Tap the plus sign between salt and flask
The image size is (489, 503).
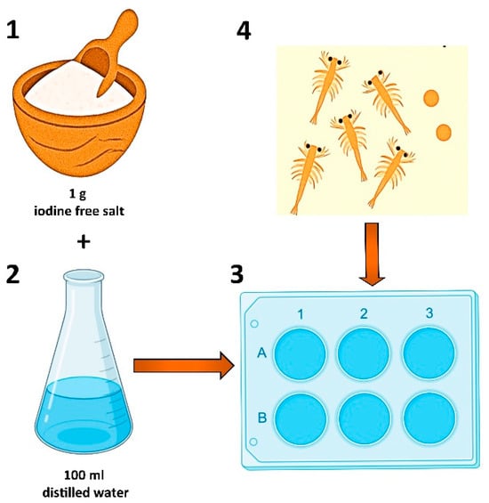pos(84,241)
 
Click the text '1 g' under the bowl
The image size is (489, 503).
pos(78,194)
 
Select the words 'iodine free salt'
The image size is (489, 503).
pos(79,211)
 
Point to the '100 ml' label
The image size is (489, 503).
pos(84,475)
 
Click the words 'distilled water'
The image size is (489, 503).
pos(85,492)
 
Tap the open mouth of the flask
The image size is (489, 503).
pos(84,276)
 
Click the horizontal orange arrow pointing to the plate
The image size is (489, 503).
pos(184,365)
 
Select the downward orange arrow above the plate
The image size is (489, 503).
pos(372,254)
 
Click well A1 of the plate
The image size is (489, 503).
pos(301,353)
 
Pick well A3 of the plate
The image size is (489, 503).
pos(429,353)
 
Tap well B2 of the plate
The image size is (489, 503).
pos(365,419)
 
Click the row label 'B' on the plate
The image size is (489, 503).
pos(262,418)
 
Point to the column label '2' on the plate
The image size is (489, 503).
pos(364,313)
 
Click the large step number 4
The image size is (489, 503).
pos(244,31)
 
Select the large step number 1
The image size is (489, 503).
pos(12,30)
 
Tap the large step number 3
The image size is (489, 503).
pos(237,274)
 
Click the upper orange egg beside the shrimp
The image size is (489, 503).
pos(431,98)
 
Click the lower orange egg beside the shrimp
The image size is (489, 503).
pos(444,133)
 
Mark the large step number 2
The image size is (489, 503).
pos(12,274)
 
